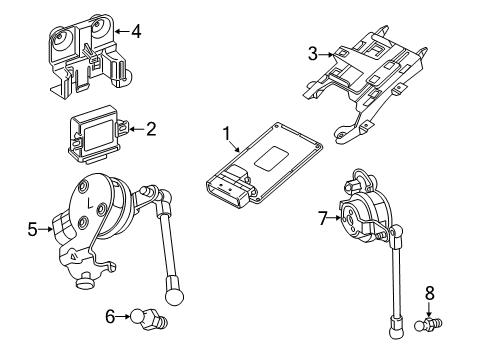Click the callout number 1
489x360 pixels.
click(x=226, y=132)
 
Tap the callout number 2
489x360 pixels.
click(x=151, y=128)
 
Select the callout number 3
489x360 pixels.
click(x=312, y=54)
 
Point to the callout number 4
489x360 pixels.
click(x=136, y=32)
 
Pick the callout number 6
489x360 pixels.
click(x=110, y=317)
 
